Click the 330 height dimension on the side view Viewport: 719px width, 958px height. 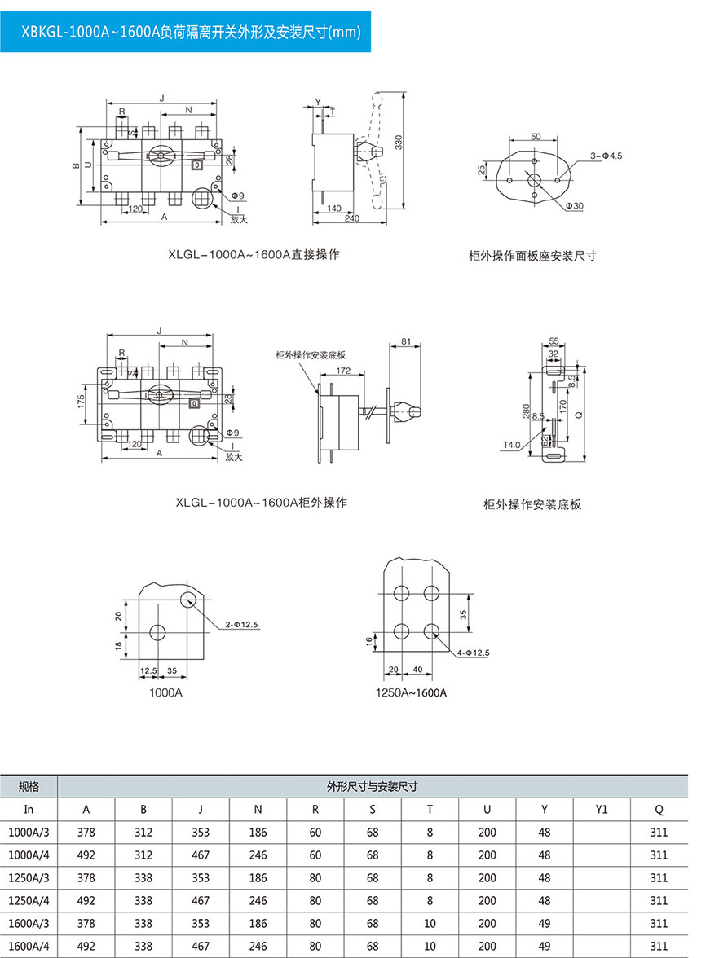click(x=399, y=142)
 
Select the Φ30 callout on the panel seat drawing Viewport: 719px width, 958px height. click(x=575, y=206)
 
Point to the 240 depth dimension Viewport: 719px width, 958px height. click(x=352, y=219)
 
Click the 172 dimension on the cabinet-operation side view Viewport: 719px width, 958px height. click(x=342, y=371)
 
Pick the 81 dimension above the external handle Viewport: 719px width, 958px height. click(x=406, y=342)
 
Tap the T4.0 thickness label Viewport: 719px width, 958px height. click(x=511, y=445)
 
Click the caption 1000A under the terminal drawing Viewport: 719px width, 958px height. click(x=165, y=692)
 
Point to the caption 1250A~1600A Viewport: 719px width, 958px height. click(x=412, y=693)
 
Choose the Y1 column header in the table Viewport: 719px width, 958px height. click(x=602, y=810)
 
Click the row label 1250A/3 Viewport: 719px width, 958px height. click(x=29, y=878)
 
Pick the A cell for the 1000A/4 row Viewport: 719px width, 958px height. click(x=86, y=855)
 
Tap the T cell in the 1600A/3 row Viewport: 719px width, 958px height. click(x=430, y=924)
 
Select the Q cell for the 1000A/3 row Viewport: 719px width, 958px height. click(x=659, y=833)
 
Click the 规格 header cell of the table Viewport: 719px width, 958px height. click(x=29, y=787)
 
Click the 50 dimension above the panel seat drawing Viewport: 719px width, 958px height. click(x=535, y=137)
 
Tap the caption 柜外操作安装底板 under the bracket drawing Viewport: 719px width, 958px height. click(x=532, y=505)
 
